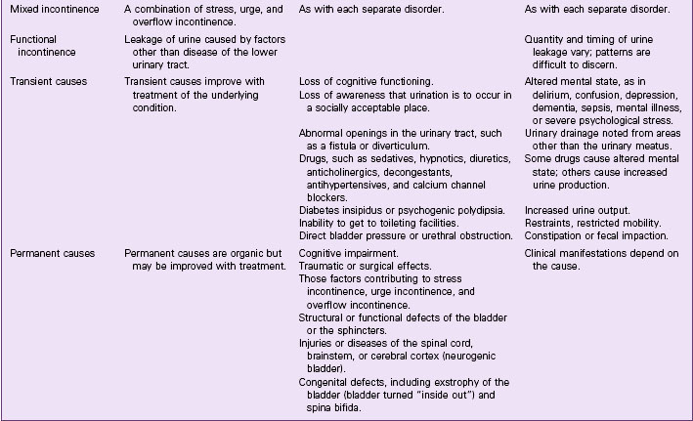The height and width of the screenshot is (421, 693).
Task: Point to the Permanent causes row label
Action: pos(52,253)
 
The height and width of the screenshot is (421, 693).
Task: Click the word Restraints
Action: pos(552,222)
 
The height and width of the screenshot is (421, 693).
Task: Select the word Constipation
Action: pos(559,234)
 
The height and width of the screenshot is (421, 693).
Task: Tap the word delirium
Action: pos(551,94)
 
